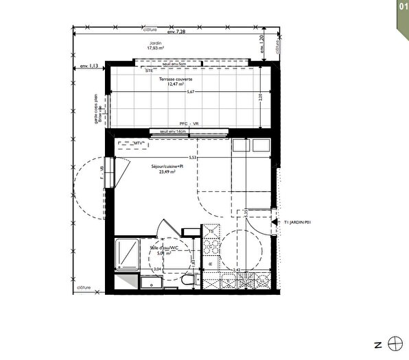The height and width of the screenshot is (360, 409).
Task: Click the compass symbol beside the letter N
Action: tap(394, 343)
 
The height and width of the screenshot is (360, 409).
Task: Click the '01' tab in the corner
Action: tap(401, 6)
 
